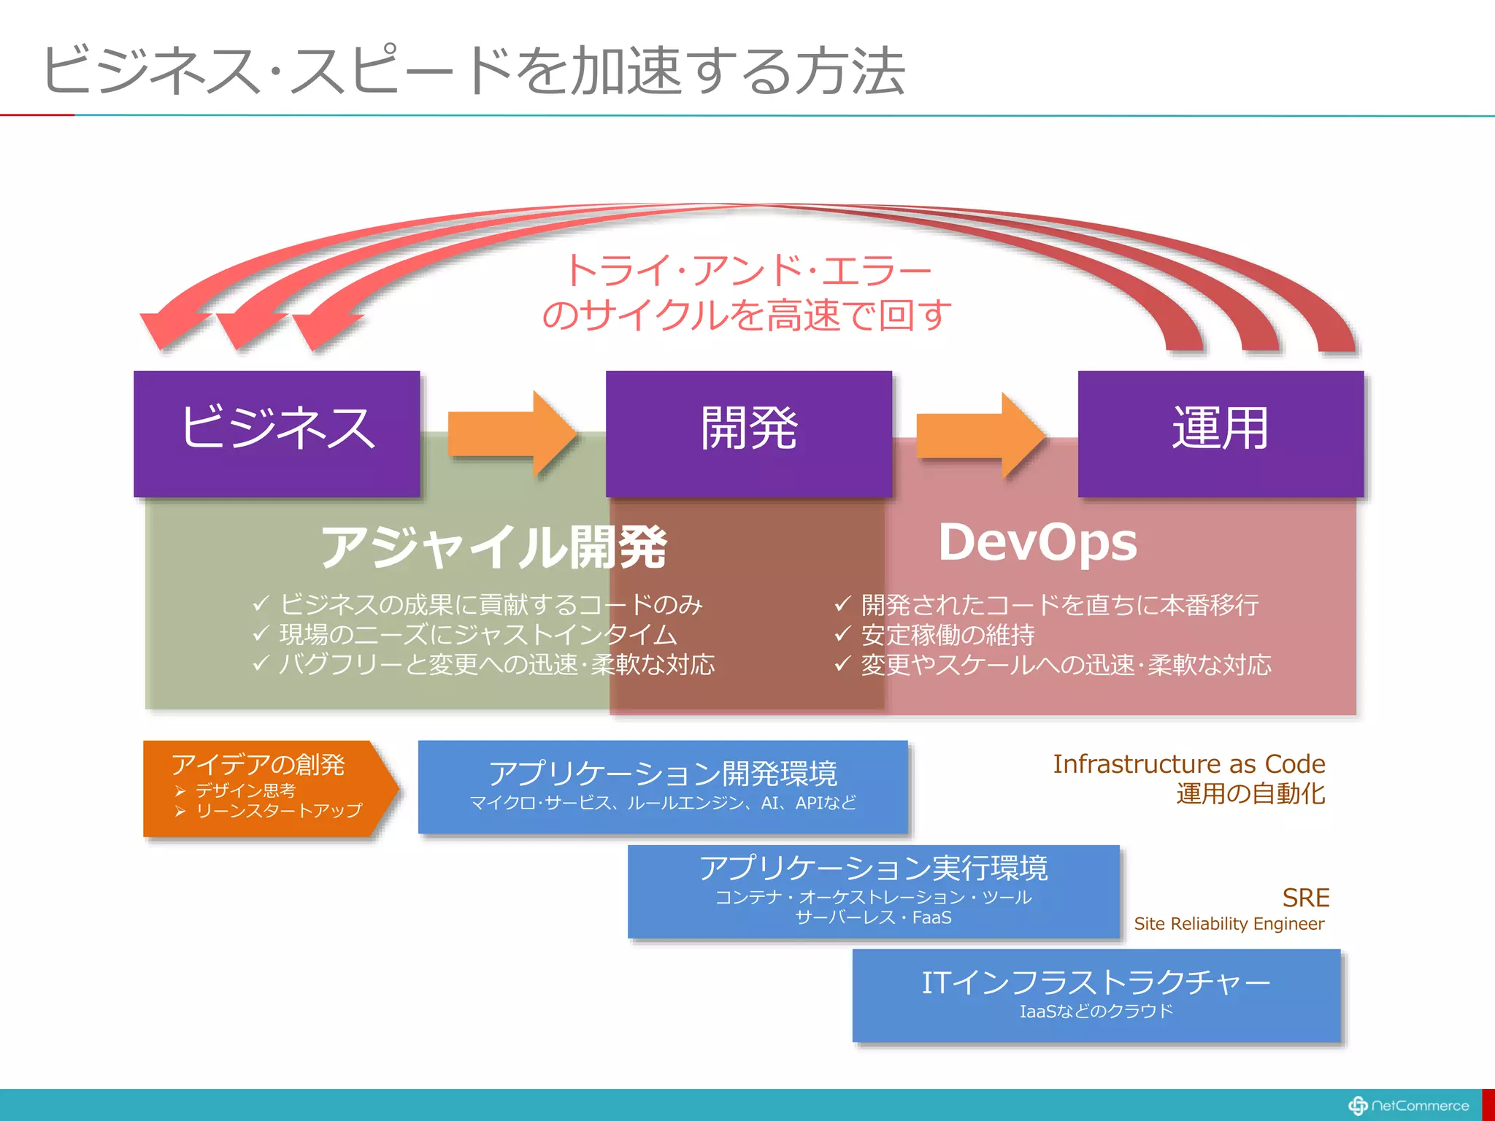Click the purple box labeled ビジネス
pos(277,434)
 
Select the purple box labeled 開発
pos(748,434)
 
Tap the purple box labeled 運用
pos(1221,434)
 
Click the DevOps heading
pos(1037,542)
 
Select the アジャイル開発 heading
pos(494,547)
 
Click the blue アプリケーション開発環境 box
pos(662,786)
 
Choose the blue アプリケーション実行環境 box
pos(873,891)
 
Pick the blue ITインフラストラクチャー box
pos(1096,995)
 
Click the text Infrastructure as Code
pos(1188,764)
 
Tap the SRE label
pos(1305,897)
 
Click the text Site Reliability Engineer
pos(1229,924)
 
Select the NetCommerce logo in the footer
pos(1409,1106)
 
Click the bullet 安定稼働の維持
pos(948,635)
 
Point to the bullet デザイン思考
pos(245,790)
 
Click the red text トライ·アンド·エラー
pos(748,271)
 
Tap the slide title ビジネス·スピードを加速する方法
pos(474,71)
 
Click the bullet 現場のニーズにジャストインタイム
pos(478,635)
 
